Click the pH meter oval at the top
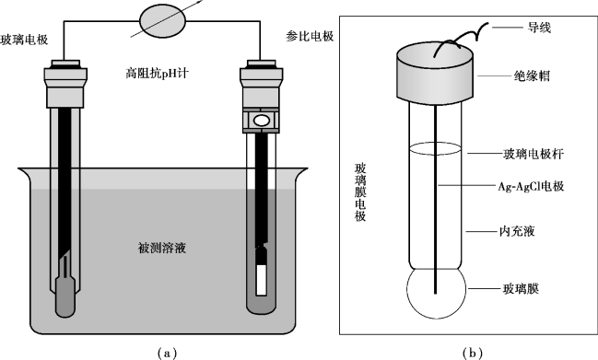(163, 21)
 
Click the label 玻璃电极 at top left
(24, 40)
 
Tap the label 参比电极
(310, 36)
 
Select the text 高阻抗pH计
(157, 73)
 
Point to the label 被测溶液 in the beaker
(161, 248)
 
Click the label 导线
(539, 28)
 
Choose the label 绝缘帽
(532, 75)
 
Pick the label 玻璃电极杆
(534, 154)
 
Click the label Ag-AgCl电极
(531, 186)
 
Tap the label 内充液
(517, 231)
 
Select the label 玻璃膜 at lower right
(521, 289)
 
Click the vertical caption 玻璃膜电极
(360, 192)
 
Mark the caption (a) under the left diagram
(167, 354)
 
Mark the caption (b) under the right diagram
(472, 354)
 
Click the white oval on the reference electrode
(262, 121)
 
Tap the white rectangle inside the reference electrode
(262, 280)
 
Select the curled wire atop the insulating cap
(461, 39)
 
